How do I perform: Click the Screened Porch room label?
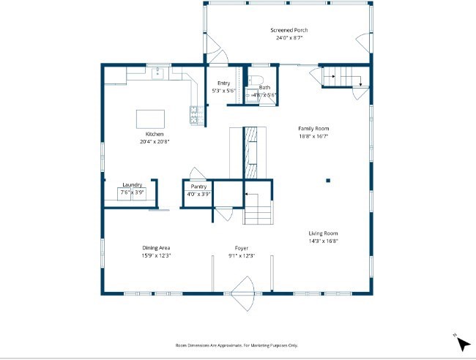pos(289,30)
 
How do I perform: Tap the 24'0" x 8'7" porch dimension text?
pos(289,38)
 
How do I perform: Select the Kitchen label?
pos(155,134)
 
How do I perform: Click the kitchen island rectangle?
pos(150,119)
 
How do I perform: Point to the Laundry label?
pos(133,184)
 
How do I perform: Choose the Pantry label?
pos(198,187)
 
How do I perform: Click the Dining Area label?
pos(156,248)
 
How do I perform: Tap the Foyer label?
pos(242,248)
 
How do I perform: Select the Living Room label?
pos(322,233)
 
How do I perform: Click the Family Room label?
pos(313,128)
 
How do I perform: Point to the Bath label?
pos(264,88)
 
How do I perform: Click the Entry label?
pos(223,83)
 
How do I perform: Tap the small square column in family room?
pos(328,180)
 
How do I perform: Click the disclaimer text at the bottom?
pos(237,345)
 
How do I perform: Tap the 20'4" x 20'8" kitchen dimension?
pos(155,142)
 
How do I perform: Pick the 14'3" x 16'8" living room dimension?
pos(322,241)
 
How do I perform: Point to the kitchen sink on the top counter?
pos(157,72)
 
